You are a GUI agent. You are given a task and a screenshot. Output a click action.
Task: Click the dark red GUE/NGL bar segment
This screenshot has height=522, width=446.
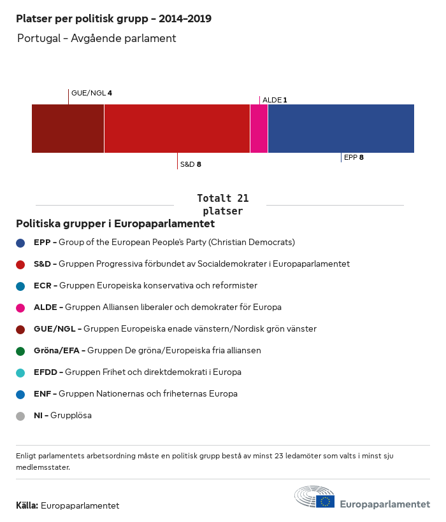click(68, 129)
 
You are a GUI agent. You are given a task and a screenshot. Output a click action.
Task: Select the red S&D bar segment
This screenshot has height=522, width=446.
click(176, 129)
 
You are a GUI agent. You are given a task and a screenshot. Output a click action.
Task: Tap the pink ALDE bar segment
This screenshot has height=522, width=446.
click(259, 129)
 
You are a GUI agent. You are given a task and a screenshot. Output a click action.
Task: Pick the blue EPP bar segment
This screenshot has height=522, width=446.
click(341, 129)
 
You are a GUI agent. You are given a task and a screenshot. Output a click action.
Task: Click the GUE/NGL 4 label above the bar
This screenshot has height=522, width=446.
click(92, 93)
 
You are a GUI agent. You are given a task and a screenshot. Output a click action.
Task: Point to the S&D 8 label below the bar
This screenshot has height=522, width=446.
click(191, 164)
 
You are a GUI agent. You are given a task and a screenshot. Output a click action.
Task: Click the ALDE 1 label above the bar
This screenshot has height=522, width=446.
click(275, 100)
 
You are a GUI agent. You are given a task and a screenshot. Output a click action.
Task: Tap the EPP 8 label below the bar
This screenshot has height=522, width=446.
click(354, 157)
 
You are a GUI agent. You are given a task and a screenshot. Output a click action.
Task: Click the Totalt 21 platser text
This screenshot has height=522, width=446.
click(222, 204)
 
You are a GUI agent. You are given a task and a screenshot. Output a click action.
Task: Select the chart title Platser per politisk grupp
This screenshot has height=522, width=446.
click(113, 19)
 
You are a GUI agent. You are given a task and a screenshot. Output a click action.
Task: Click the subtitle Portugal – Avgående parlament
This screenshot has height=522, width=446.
click(96, 39)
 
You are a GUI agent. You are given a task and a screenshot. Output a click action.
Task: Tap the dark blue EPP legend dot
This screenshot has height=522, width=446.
click(20, 243)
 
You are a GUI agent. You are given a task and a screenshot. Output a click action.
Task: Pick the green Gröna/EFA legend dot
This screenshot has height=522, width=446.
click(20, 351)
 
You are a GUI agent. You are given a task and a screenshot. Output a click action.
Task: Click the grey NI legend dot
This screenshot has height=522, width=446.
click(20, 416)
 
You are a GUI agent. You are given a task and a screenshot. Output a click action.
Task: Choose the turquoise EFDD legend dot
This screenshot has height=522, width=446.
click(20, 372)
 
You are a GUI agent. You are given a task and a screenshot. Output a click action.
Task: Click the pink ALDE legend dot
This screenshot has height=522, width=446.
click(20, 307)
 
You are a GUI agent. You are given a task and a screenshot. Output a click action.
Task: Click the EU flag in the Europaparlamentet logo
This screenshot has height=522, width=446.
click(325, 502)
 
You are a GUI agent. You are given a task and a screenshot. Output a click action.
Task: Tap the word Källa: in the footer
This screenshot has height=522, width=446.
click(27, 506)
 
